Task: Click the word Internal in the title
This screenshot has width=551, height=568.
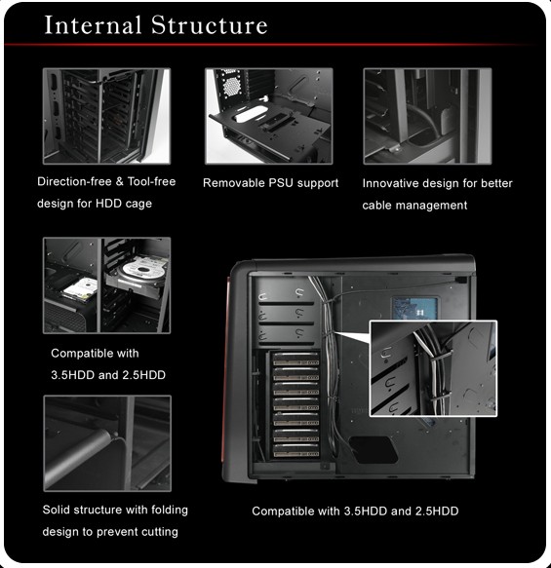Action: click(x=93, y=25)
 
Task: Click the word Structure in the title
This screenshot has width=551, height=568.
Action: click(x=210, y=25)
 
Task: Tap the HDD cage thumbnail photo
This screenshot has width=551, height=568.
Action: click(x=106, y=116)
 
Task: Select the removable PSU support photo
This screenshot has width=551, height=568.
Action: click(x=268, y=116)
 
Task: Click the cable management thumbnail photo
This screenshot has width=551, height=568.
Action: click(x=428, y=116)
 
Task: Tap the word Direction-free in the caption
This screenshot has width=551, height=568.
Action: click(x=74, y=181)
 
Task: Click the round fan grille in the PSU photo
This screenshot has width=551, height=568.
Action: click(x=231, y=86)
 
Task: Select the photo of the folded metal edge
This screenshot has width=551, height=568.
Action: click(x=107, y=443)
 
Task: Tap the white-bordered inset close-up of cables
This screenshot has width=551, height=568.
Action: click(x=433, y=368)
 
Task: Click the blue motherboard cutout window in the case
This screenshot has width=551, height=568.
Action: click(x=414, y=308)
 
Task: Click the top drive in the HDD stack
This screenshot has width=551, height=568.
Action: click(x=295, y=360)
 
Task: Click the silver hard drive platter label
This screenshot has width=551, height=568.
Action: click(x=145, y=269)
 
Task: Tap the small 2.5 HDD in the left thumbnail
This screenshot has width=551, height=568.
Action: click(x=80, y=289)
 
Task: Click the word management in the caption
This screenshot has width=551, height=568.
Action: click(x=431, y=206)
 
